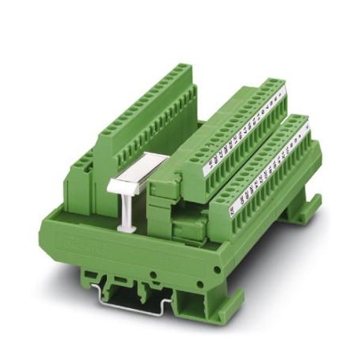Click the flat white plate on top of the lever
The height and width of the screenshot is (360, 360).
137,173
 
